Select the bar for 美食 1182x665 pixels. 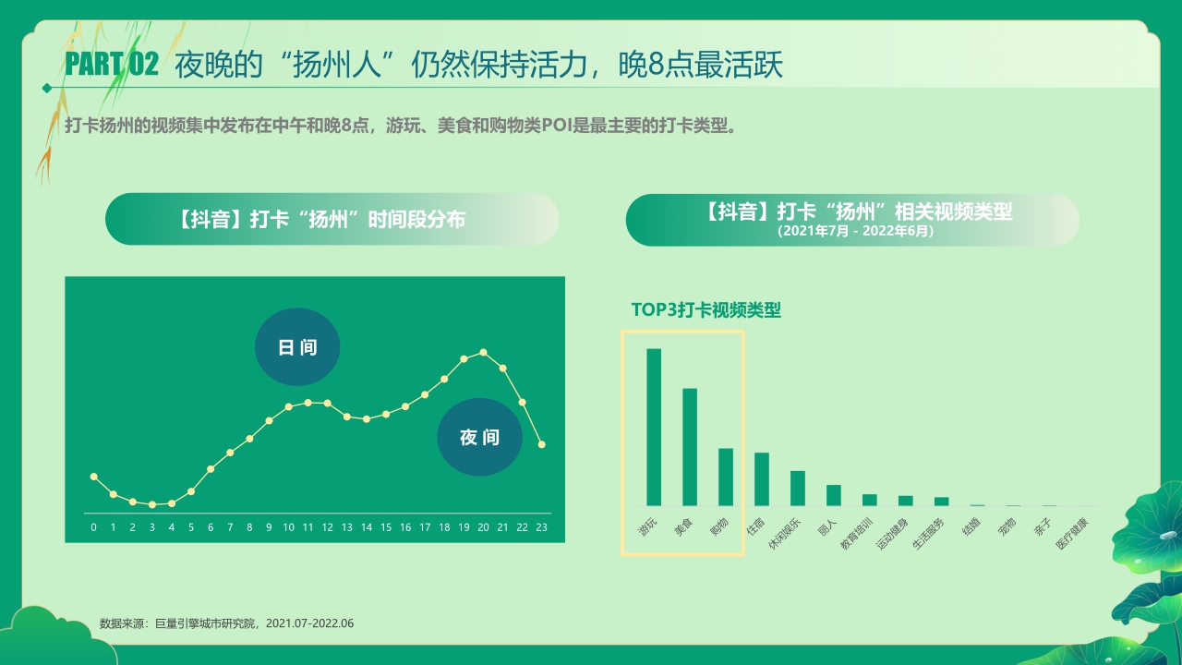690,447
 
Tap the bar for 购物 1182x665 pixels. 726,477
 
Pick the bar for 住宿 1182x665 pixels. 762,479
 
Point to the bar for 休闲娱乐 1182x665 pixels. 798,489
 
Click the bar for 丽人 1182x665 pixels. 834,495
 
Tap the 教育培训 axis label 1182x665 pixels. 856,534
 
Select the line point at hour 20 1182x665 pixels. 483,352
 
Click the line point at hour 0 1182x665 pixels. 93,476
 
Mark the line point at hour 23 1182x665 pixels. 542,444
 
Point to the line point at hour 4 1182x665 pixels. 172,503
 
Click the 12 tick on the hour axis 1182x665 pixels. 327,527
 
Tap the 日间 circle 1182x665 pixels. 297,347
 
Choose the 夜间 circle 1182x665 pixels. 479,438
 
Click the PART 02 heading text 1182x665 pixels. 112,65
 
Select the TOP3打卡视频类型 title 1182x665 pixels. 706,310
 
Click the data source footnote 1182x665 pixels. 226,623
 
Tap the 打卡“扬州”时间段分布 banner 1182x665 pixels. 332,219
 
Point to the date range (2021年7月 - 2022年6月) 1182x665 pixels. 854,231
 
